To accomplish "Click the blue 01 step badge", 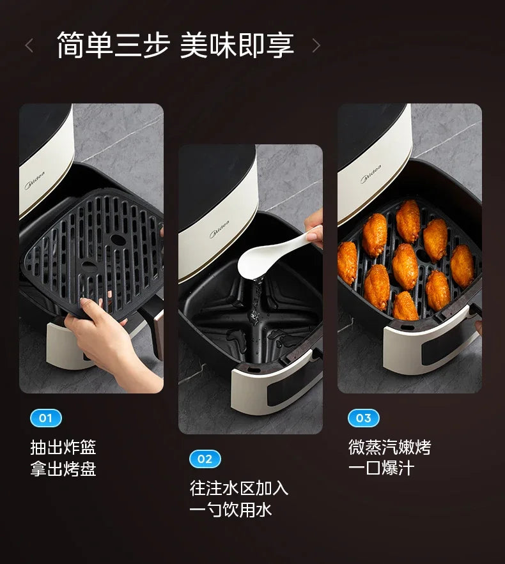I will (46, 418).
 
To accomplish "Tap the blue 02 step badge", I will (205, 459).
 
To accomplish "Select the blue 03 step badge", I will (364, 418).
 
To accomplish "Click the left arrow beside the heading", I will (29, 45).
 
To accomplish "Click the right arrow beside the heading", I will (316, 45).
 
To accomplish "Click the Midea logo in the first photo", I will (33, 186).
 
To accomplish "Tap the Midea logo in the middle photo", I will (219, 230).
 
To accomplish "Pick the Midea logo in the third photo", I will (371, 175).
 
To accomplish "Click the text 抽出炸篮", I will (63, 447).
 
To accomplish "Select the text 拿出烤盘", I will (63, 469).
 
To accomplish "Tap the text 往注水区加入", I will (239, 488).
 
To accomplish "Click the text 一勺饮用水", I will (231, 509).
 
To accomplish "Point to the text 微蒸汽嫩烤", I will (390, 447).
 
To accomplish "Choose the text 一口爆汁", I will (381, 468).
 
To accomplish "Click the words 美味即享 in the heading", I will (237, 45).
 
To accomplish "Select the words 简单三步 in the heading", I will (114, 45).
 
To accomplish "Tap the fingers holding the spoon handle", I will (315, 230).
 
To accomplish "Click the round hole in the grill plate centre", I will (118, 239).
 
